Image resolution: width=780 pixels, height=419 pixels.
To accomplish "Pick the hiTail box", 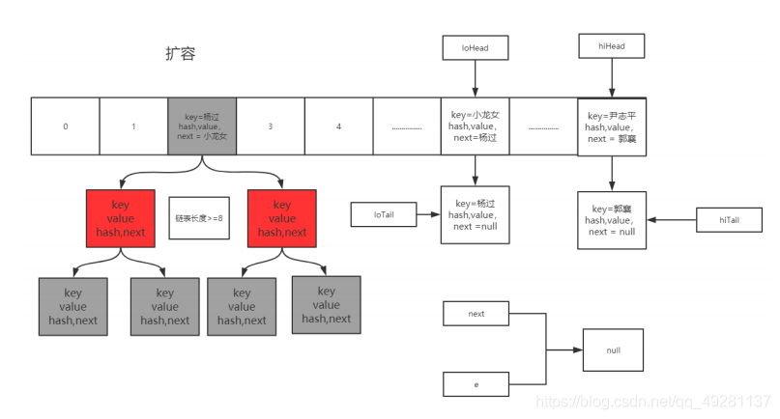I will click(729, 220).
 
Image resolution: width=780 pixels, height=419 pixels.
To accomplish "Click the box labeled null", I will click(613, 349).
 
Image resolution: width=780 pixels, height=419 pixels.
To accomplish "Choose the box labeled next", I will click(476, 314).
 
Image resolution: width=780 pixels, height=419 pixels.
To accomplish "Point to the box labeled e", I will click(476, 383).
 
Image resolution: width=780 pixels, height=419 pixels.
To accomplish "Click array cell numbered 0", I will click(66, 126).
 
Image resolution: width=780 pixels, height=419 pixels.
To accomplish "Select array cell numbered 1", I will click(133, 126).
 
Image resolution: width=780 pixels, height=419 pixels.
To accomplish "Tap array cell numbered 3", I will click(271, 126).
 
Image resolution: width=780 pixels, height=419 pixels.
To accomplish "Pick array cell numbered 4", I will click(338, 126).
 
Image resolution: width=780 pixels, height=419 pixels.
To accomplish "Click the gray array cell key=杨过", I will click(202, 126).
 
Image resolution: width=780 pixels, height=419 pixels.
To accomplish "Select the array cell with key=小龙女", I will click(475, 126).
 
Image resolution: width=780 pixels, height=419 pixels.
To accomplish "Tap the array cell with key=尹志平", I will click(611, 126).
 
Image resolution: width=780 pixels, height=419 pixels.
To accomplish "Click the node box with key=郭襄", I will click(611, 220).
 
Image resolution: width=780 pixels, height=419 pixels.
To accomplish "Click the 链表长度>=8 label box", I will click(199, 219).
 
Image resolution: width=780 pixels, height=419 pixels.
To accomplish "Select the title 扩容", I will click(181, 54).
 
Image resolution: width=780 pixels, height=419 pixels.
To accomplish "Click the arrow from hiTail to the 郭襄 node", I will click(671, 220).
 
